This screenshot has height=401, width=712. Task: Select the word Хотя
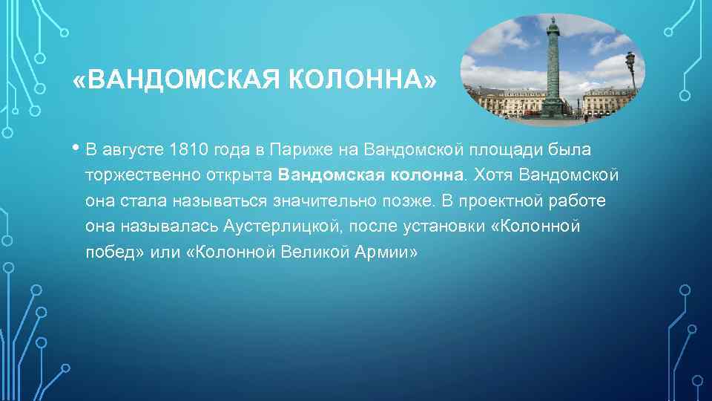coord(492,175)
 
